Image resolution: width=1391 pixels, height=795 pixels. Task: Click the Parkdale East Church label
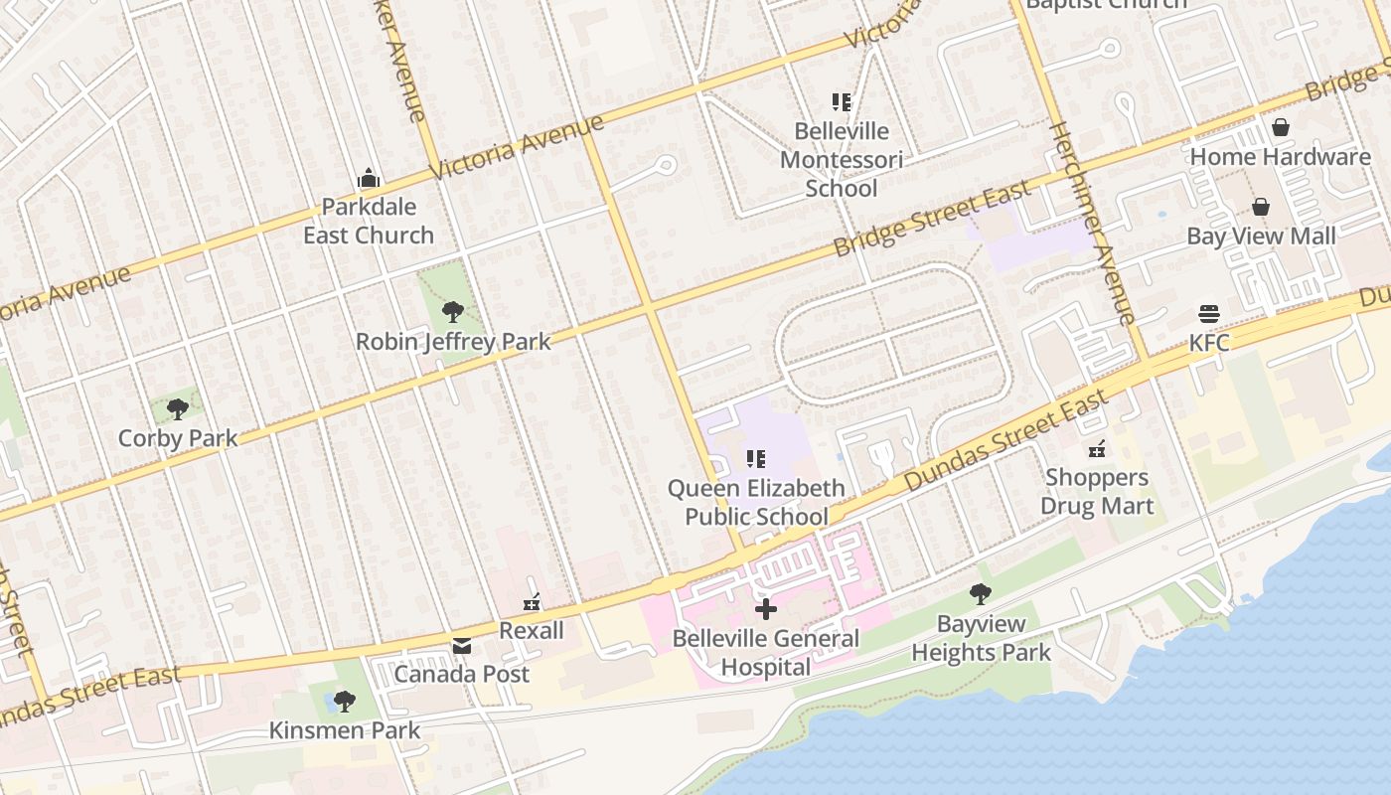(369, 222)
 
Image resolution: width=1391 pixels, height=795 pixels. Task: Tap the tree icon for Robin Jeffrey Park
(453, 312)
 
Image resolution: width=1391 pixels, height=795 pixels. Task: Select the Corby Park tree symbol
(178, 408)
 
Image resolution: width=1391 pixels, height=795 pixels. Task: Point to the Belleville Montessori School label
(841, 160)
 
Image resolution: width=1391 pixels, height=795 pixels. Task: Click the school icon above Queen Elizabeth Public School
(756, 458)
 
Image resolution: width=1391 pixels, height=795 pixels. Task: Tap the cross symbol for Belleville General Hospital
(765, 609)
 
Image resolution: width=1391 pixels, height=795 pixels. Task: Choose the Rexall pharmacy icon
(532, 602)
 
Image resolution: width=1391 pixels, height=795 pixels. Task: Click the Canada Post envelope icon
(462, 646)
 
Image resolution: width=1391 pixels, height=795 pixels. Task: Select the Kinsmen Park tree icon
(344, 702)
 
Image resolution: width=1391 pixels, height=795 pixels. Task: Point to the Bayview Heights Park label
(981, 639)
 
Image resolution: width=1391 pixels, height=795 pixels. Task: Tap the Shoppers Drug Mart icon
(1097, 449)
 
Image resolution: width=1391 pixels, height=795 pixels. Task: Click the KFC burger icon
(1209, 314)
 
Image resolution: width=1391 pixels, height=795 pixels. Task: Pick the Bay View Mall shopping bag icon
(1261, 207)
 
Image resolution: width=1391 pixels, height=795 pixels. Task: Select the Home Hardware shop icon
(1281, 127)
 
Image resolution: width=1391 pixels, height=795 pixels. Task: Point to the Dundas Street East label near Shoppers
(1005, 440)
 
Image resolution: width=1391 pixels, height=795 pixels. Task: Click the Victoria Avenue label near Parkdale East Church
(517, 148)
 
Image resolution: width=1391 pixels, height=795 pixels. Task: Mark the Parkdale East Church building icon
(369, 179)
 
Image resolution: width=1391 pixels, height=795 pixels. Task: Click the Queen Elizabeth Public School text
(756, 502)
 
